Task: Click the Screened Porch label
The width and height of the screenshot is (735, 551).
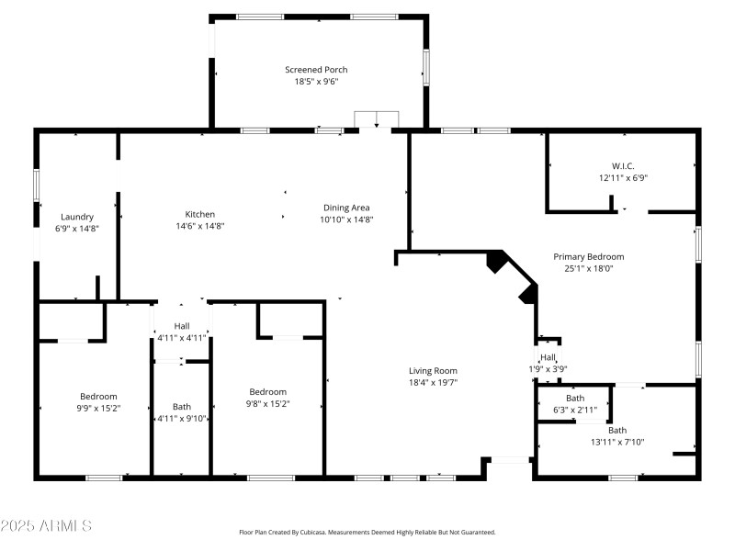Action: pos(316,70)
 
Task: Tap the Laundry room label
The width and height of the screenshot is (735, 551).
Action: pos(77,217)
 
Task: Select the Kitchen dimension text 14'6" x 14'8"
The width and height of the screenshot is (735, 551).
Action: pos(200,226)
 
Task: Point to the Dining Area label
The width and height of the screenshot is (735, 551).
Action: pos(347,208)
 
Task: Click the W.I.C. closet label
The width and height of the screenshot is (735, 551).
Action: pos(623,166)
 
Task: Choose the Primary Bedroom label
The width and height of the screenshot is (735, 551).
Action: pos(588,257)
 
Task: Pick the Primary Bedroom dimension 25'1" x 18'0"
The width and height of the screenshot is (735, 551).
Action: pos(588,269)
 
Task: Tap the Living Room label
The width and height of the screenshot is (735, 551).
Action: pos(433,371)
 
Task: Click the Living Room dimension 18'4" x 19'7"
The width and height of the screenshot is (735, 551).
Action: pos(433,383)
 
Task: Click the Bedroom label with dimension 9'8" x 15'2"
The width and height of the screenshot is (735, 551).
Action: pos(267,391)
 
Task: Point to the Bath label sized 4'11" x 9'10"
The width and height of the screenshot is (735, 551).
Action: pos(182,407)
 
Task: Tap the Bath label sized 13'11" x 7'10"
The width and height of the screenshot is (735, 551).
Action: pos(616,430)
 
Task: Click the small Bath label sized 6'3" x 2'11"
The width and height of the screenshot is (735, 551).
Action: pos(575,398)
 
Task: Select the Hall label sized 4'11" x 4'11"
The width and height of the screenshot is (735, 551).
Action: pos(182,326)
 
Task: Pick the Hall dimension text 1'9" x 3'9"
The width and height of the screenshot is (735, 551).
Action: pos(548,369)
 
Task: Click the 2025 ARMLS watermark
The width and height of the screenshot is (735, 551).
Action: pos(46,526)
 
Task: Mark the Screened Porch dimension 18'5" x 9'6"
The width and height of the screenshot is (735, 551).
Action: pos(316,82)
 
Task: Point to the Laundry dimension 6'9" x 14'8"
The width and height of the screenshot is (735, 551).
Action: pos(77,229)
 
